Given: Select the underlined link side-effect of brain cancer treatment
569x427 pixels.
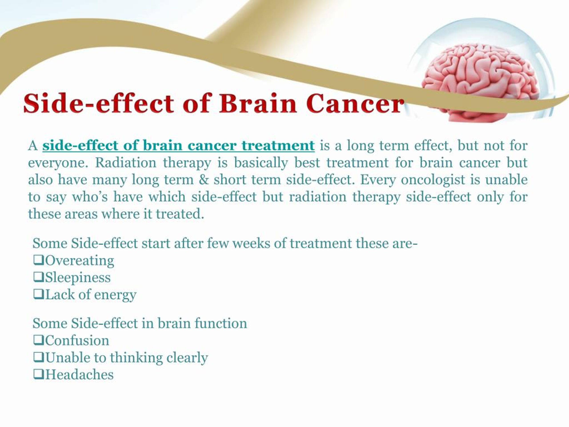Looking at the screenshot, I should tap(178, 146).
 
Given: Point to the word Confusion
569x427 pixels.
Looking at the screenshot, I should tap(77, 340).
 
